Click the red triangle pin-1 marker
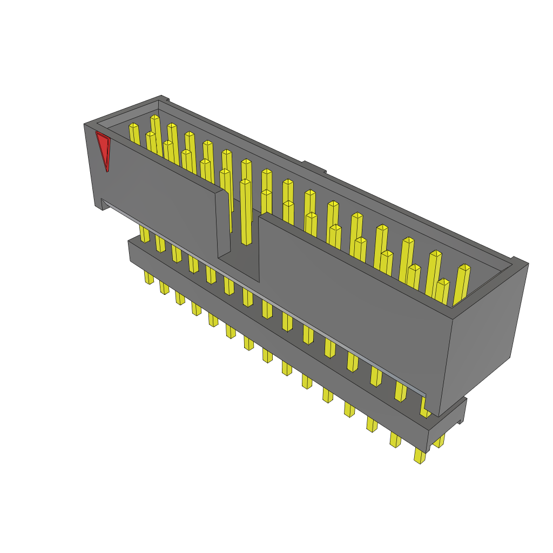click(103, 149)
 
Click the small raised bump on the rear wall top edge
click(314, 167)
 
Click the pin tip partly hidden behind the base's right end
click(439, 442)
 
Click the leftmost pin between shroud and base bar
click(144, 234)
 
